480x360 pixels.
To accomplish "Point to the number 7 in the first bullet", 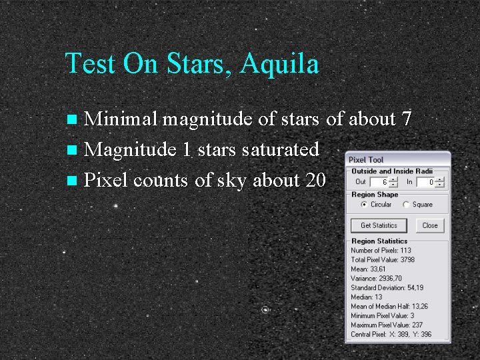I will pos(406,119).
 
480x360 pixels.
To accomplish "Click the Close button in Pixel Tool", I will pos(430,225).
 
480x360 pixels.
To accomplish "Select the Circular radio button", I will pos(364,205).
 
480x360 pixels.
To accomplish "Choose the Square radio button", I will pos(406,205).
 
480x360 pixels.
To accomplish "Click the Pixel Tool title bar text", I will pos(366,160).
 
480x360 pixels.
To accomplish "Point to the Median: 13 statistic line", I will pos(367,297).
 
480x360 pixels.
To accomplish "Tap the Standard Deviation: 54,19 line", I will pos(387,288).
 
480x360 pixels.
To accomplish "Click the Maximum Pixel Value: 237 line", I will pos(387,325).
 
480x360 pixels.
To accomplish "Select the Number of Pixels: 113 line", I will pos(381,251).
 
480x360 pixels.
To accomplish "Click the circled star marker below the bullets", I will pos(265,310).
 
